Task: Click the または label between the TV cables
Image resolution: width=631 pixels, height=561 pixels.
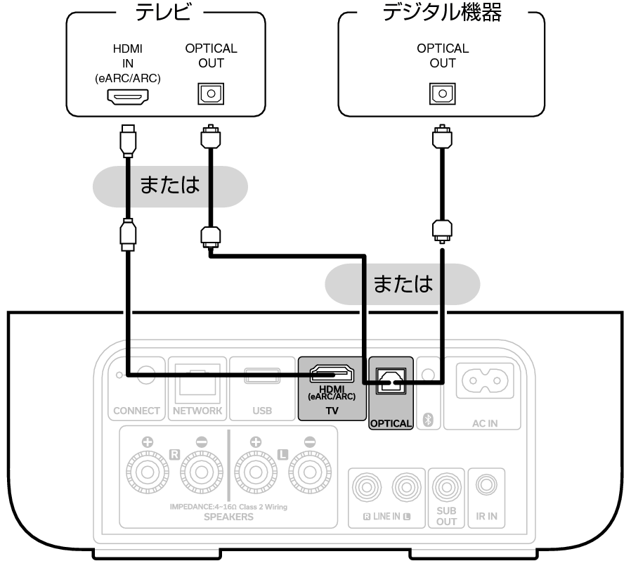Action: click(170, 186)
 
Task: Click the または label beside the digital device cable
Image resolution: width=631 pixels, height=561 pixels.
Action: click(403, 284)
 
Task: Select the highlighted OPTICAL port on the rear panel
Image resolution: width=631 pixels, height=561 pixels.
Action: click(391, 381)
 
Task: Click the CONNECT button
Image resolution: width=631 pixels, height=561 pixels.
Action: click(145, 375)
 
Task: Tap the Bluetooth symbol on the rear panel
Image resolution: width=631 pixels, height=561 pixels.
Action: click(427, 420)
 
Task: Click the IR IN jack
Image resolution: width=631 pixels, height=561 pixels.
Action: click(486, 484)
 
